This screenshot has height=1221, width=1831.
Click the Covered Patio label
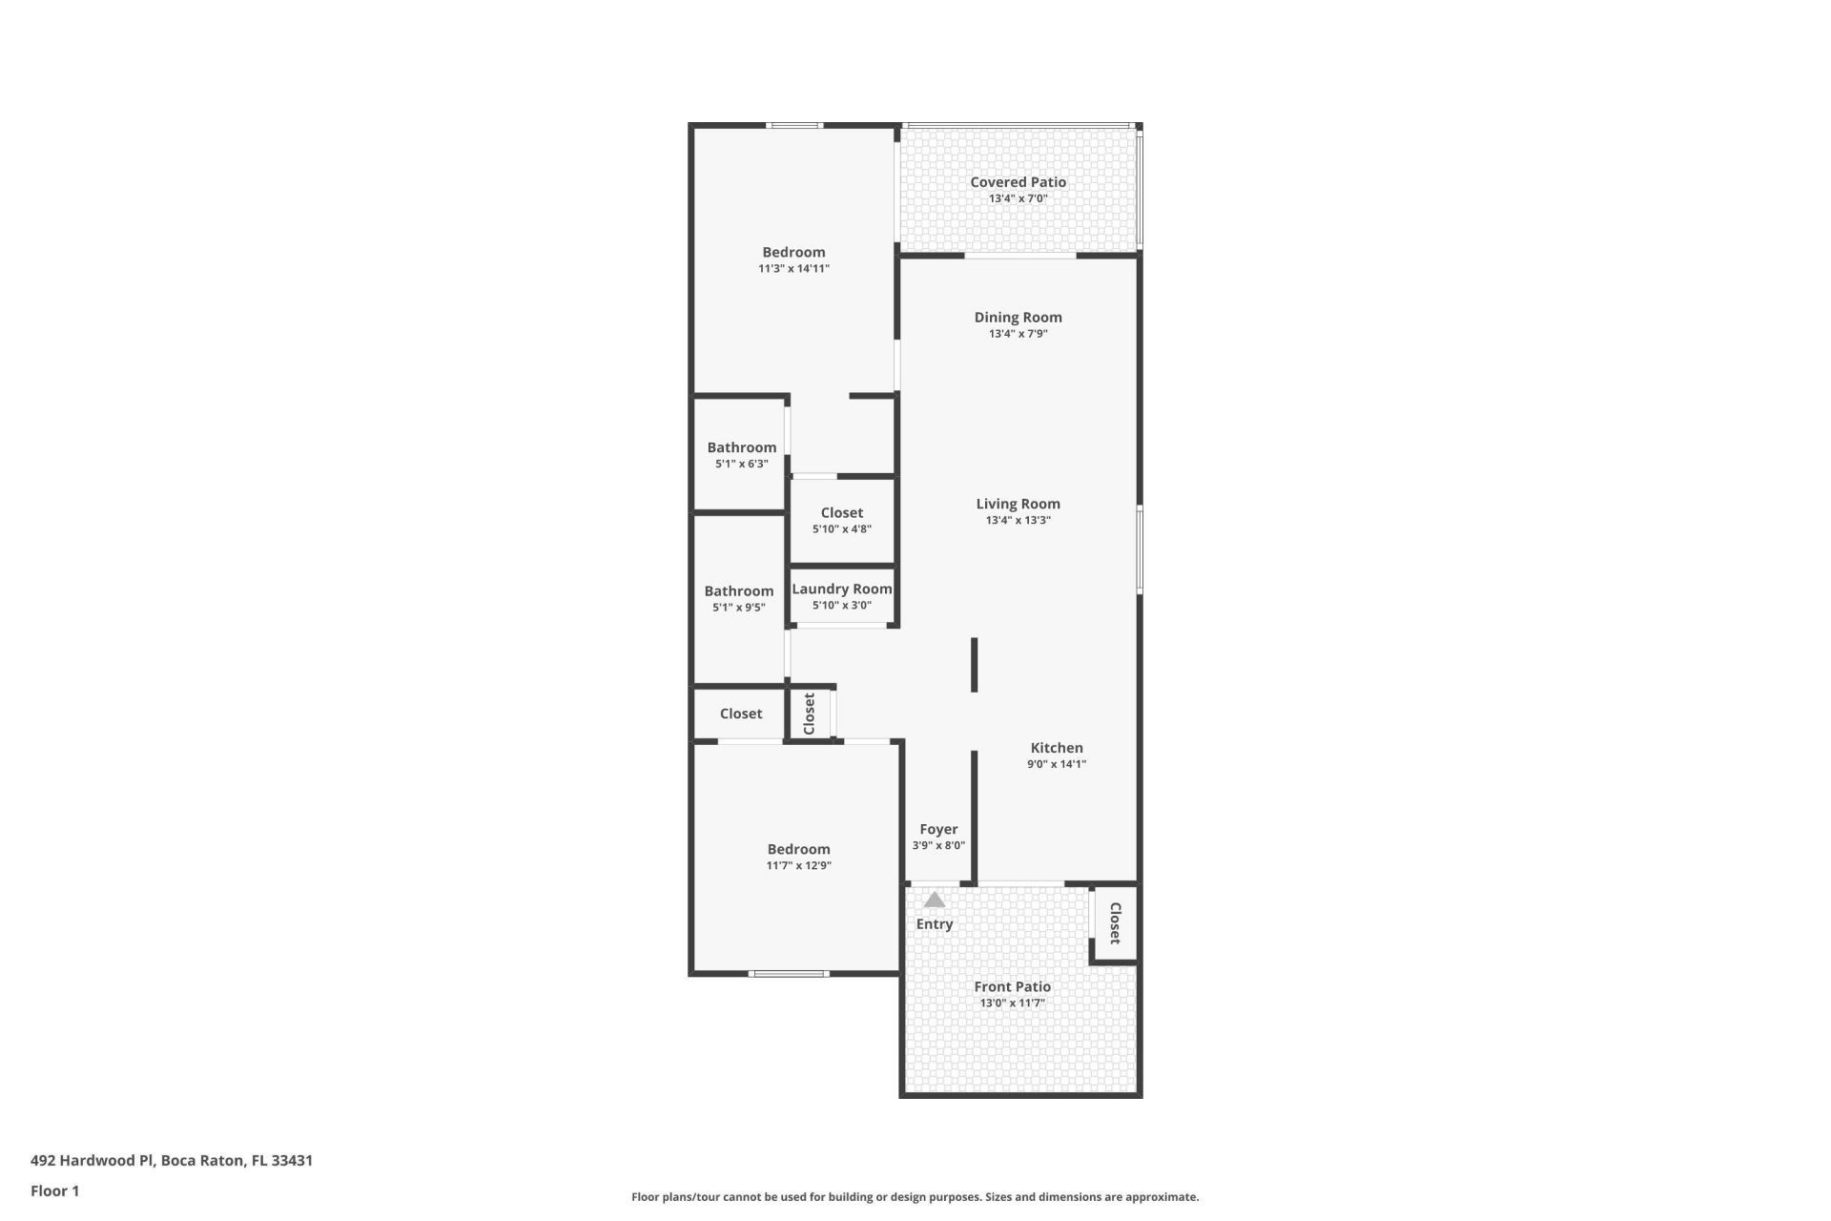click(1018, 182)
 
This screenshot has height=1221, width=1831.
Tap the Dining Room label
click(1018, 318)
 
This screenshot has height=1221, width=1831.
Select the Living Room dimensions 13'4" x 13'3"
click(1018, 521)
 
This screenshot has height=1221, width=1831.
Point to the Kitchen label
click(1057, 748)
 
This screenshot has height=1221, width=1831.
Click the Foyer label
click(938, 830)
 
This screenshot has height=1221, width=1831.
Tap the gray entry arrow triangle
click(935, 900)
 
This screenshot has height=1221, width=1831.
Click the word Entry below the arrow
click(935, 924)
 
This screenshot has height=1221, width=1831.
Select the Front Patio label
click(1012, 987)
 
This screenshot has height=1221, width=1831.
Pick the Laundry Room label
click(842, 590)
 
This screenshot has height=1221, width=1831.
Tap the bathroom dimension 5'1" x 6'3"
click(742, 465)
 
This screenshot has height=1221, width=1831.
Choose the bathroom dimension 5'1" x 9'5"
click(739, 608)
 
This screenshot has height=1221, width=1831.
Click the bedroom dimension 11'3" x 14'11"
click(793, 269)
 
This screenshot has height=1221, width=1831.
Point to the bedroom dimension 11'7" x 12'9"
click(799, 866)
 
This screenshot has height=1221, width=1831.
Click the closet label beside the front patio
click(1115, 923)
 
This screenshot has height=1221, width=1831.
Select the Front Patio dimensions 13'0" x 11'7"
click(1012, 1004)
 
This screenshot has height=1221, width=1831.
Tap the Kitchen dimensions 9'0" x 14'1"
click(1057, 764)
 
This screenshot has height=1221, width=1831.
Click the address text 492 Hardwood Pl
click(93, 1161)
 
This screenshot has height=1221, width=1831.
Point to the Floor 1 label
click(54, 1191)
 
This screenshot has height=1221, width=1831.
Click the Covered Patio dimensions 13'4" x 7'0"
click(1018, 198)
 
